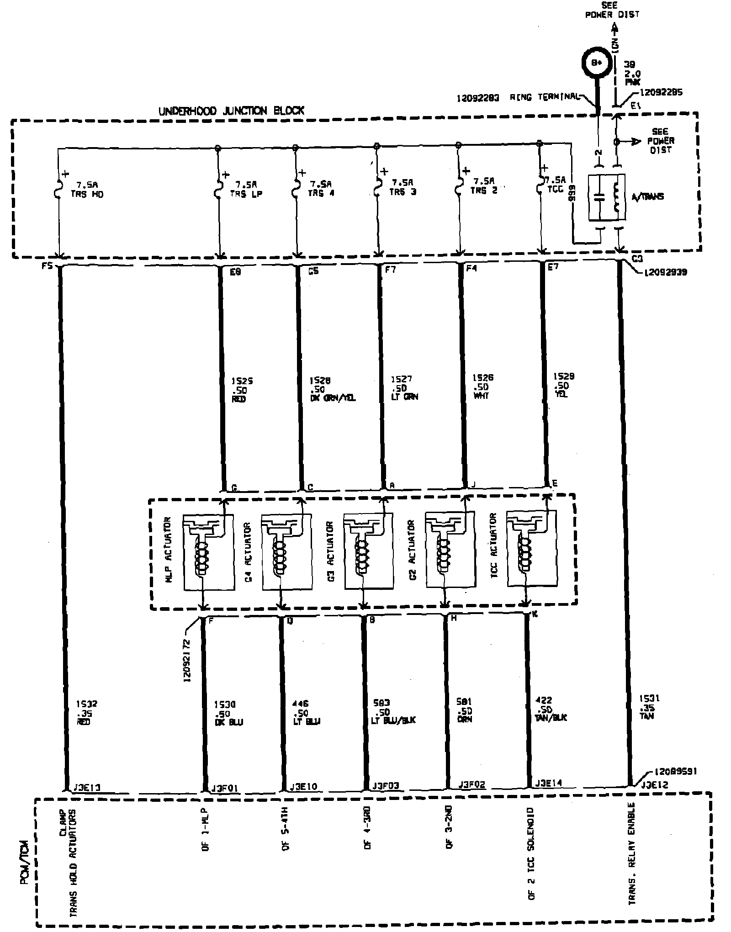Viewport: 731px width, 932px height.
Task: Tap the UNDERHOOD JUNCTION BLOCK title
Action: pyautogui.click(x=231, y=111)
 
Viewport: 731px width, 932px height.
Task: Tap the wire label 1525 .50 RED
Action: pyautogui.click(x=239, y=389)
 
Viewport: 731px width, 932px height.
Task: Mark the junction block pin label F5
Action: pyautogui.click(x=47, y=265)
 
